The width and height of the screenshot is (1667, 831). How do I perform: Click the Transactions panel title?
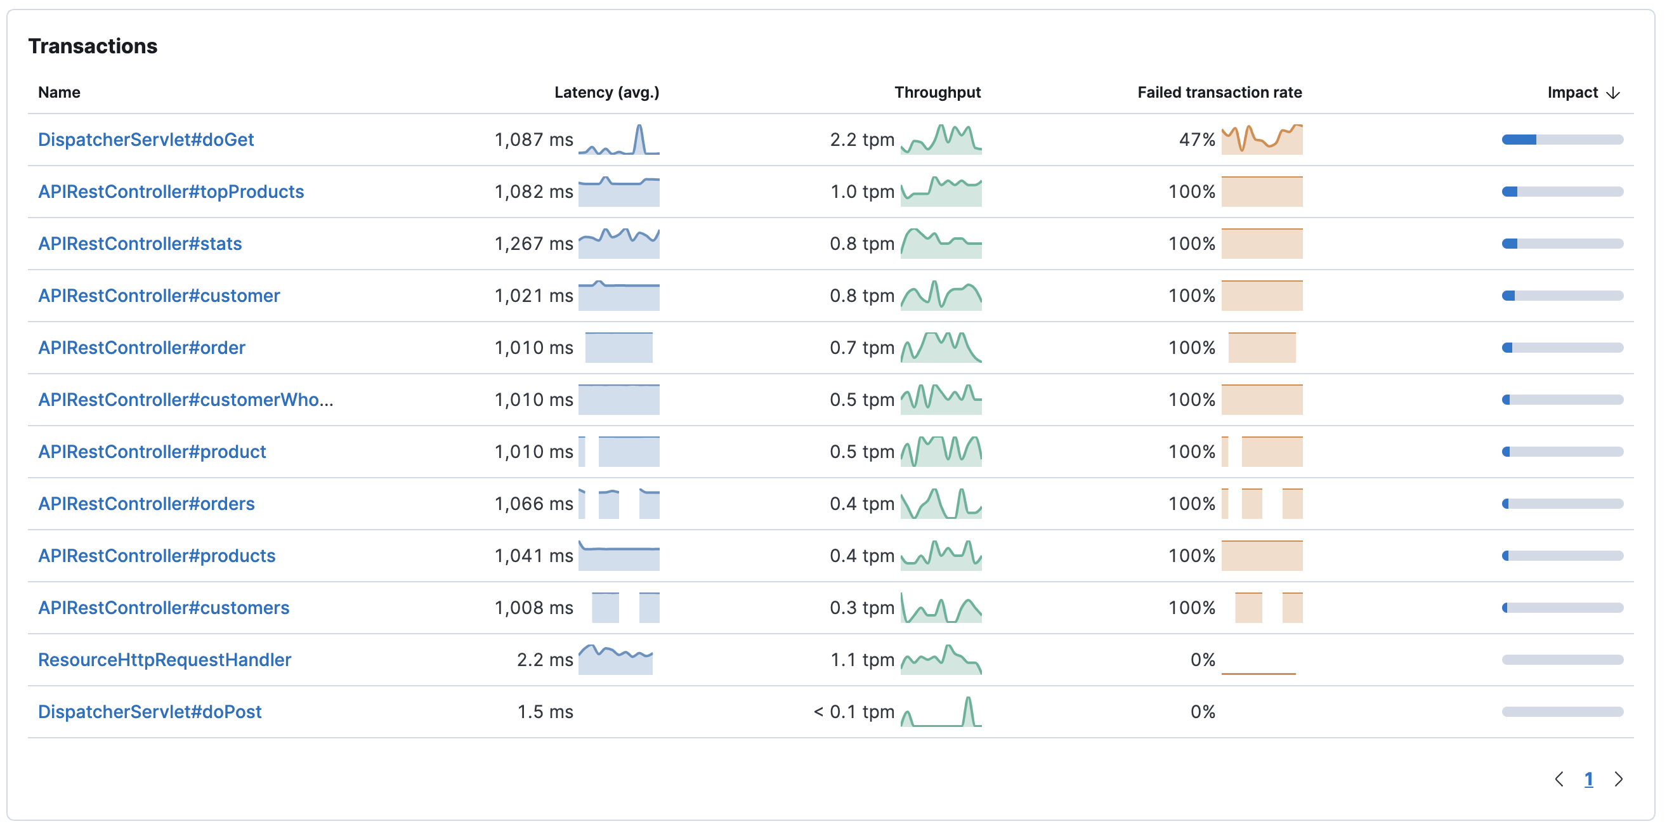pyautogui.click(x=93, y=46)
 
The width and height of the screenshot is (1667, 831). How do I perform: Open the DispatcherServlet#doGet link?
pyautogui.click(x=146, y=139)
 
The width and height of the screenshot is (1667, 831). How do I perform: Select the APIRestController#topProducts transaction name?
pyautogui.click(x=171, y=192)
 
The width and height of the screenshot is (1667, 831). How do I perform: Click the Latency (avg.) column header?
pyautogui.click(x=606, y=92)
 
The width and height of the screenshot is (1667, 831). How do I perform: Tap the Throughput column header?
pyautogui.click(x=937, y=92)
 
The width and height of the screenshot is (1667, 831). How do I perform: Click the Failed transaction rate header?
pyautogui.click(x=1219, y=92)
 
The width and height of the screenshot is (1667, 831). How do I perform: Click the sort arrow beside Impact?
pyautogui.click(x=1613, y=93)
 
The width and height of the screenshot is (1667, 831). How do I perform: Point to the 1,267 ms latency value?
pyautogui.click(x=533, y=244)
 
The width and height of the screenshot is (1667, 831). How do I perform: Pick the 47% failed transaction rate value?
pyautogui.click(x=1196, y=139)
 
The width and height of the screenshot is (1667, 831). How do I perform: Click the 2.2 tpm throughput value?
pyautogui.click(x=862, y=139)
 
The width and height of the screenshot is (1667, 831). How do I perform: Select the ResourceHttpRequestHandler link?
pyautogui.click(x=164, y=660)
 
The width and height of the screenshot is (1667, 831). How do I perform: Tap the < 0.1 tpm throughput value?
pyautogui.click(x=854, y=711)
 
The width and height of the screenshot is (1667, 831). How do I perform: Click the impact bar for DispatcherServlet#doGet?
pyautogui.click(x=1562, y=139)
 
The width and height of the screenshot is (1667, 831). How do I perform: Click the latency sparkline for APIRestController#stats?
pyautogui.click(x=618, y=244)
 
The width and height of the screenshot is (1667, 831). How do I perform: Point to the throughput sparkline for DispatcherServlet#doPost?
pyautogui.click(x=941, y=711)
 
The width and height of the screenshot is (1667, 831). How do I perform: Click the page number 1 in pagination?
pyautogui.click(x=1588, y=779)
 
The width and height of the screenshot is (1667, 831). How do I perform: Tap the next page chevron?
pyautogui.click(x=1618, y=779)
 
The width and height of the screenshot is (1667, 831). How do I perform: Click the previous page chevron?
pyautogui.click(x=1559, y=779)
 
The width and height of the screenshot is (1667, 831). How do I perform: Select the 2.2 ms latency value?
pyautogui.click(x=545, y=660)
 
